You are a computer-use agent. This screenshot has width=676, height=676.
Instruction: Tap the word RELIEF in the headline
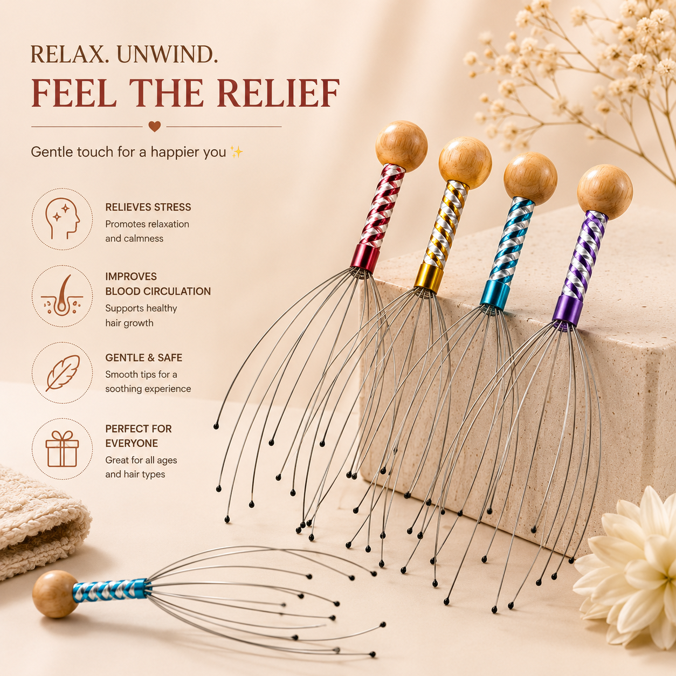point(279,93)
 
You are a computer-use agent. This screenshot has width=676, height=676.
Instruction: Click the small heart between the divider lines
point(154,126)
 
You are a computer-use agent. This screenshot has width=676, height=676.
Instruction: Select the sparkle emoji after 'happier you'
point(237,152)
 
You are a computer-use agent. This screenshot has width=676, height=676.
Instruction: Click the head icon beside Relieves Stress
point(63,219)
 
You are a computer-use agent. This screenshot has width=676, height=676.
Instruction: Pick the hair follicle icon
point(62,296)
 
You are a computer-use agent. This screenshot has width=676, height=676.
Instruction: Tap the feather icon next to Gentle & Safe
point(63,373)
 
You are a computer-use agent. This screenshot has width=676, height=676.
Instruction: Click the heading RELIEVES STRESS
point(148,208)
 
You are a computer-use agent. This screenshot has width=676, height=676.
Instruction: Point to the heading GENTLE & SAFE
point(144,357)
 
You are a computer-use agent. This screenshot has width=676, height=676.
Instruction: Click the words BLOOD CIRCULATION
point(158,291)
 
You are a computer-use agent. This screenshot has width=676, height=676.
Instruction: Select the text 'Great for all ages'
point(141,460)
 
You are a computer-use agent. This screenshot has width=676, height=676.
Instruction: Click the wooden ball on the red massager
point(402,147)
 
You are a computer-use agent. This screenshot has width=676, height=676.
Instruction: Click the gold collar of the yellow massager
point(429,278)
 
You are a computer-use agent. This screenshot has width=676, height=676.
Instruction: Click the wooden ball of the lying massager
point(56,594)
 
